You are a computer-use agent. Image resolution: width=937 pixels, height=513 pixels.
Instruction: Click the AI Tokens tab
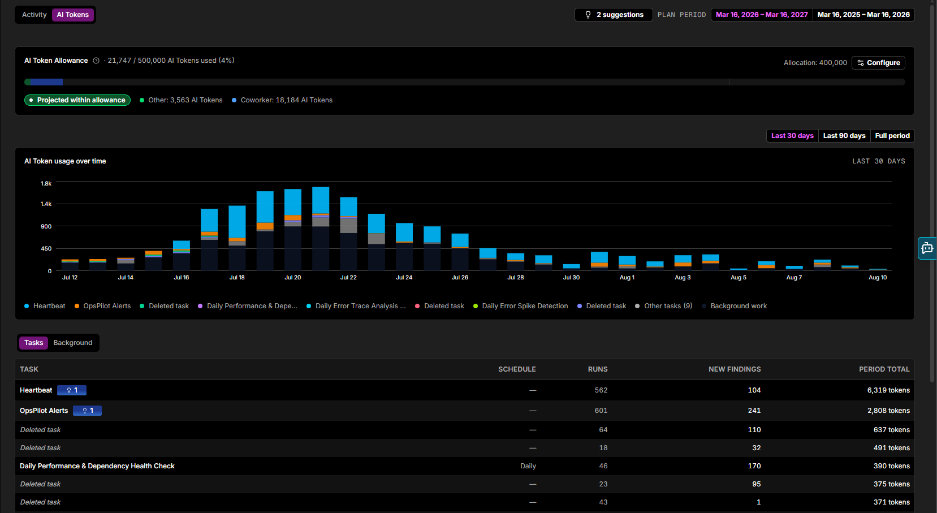(x=73, y=15)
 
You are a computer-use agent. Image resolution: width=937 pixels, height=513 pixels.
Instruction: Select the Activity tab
(x=34, y=15)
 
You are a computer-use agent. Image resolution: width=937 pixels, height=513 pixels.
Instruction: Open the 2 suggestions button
(x=614, y=15)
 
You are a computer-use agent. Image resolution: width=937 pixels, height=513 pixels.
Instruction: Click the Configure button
(x=878, y=63)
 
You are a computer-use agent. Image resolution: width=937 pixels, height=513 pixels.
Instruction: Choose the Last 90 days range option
(x=844, y=136)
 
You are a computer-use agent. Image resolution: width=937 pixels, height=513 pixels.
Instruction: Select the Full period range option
(x=892, y=136)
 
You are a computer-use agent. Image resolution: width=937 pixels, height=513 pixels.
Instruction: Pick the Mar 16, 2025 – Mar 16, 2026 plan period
(x=863, y=15)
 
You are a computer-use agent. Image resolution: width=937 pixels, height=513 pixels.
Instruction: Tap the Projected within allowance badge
(x=77, y=100)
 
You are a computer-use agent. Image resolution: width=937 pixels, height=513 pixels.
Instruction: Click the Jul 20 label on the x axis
(x=293, y=277)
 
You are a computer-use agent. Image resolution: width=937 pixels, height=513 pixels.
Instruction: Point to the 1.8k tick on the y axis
(x=46, y=183)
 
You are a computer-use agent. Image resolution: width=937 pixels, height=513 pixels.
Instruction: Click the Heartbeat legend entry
(x=45, y=306)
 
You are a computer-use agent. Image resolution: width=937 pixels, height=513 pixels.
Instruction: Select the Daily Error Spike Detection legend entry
(x=520, y=306)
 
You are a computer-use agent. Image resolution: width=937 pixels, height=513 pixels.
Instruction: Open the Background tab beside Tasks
(x=73, y=343)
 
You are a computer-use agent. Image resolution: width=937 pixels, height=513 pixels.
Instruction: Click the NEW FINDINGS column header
(x=735, y=369)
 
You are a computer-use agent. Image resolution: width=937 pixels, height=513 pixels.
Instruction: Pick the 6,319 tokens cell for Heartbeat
(x=888, y=390)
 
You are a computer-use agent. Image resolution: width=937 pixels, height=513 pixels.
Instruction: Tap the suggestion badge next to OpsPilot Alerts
(x=88, y=411)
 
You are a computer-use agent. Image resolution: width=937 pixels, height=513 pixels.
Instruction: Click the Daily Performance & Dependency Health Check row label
(x=97, y=465)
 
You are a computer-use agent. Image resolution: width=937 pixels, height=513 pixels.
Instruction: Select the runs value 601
(x=601, y=411)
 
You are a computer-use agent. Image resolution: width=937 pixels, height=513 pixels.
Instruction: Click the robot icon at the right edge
(x=927, y=248)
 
